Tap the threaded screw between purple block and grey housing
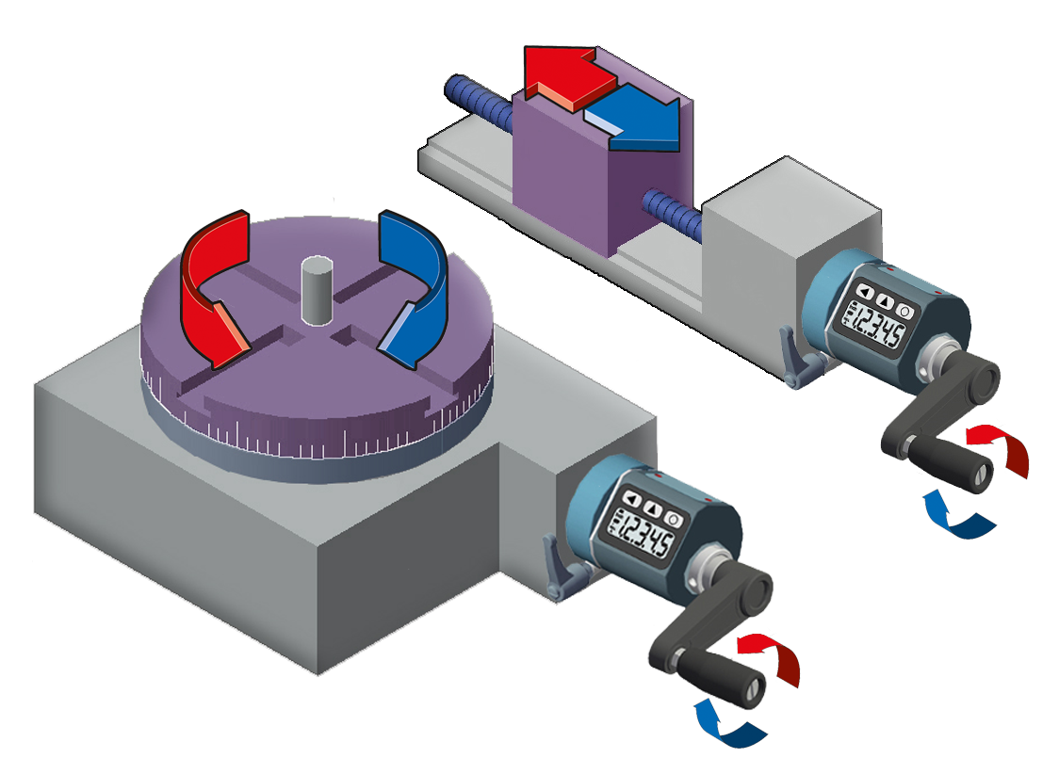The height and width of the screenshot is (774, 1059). (x=673, y=212)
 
